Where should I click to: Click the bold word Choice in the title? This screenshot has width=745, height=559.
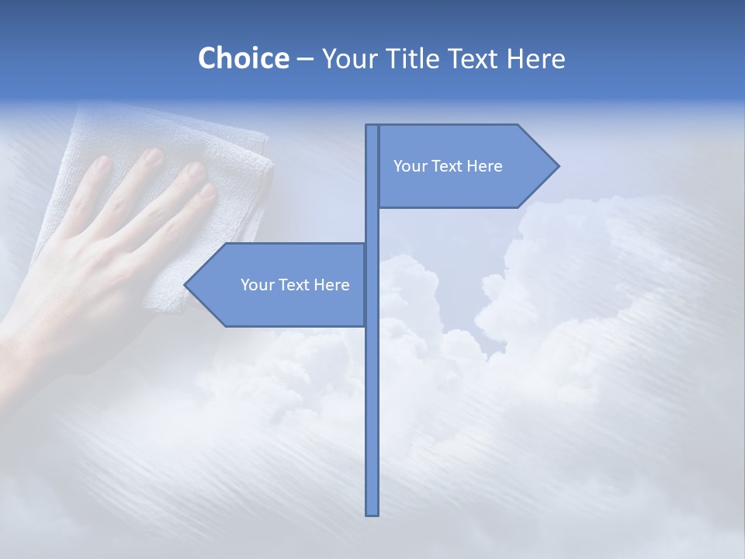pyautogui.click(x=243, y=58)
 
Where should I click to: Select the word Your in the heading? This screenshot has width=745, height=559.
pyautogui.click(x=349, y=58)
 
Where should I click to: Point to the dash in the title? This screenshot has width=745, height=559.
pyautogui.click(x=305, y=59)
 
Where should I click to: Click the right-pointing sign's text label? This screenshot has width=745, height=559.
pyautogui.click(x=448, y=166)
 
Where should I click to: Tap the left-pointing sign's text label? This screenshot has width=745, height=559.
pyautogui.click(x=295, y=285)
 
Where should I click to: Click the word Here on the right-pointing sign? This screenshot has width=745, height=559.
pyautogui.click(x=484, y=166)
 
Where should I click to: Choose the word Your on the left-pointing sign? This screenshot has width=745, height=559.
pyautogui.click(x=257, y=285)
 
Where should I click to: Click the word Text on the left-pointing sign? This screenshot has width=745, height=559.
pyautogui.click(x=295, y=285)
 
